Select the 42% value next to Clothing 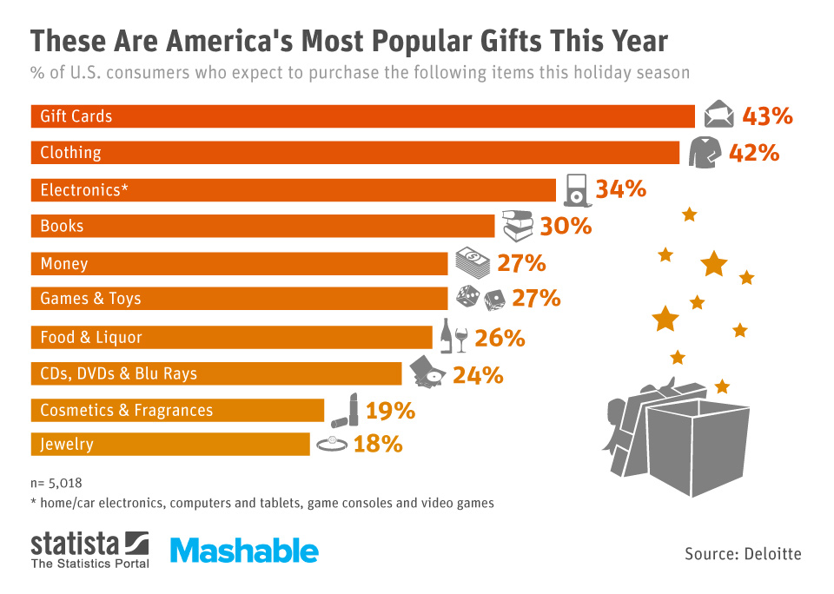[754, 153]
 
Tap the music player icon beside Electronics [576, 188]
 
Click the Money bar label [64, 263]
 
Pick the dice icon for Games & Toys [480, 298]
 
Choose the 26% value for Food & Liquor [500, 338]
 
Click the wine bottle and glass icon [453, 336]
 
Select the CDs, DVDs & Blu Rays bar [216, 374]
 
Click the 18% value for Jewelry [378, 444]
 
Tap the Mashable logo [244, 550]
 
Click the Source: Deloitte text [743, 553]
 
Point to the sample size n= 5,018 [56, 482]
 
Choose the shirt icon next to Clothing [705, 152]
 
